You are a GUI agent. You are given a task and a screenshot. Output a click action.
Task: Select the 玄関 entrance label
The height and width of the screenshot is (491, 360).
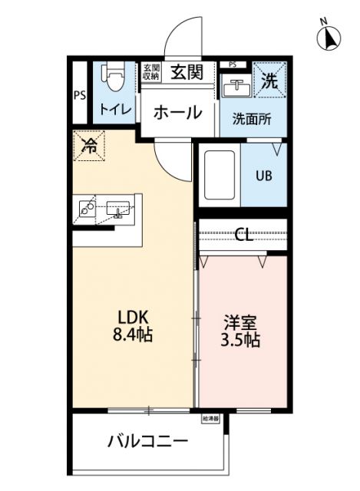[x=187, y=73]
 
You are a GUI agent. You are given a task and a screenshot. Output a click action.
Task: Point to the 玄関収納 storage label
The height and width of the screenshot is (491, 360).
[x=150, y=72]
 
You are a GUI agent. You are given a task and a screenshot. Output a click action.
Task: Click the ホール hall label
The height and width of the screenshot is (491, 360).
[x=178, y=112]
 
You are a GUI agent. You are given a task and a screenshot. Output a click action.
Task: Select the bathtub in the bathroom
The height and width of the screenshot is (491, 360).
[x=221, y=176]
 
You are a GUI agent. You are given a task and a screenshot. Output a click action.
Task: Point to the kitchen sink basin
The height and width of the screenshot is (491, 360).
[x=119, y=208]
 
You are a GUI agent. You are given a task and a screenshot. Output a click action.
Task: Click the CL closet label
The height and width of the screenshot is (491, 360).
[x=243, y=235]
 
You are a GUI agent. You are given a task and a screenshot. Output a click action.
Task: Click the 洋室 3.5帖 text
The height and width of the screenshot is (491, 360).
[x=241, y=331]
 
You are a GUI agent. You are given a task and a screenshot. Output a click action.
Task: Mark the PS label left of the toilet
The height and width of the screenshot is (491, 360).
[x=80, y=96]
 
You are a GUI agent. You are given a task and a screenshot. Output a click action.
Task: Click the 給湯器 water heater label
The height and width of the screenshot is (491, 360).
[x=211, y=419]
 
